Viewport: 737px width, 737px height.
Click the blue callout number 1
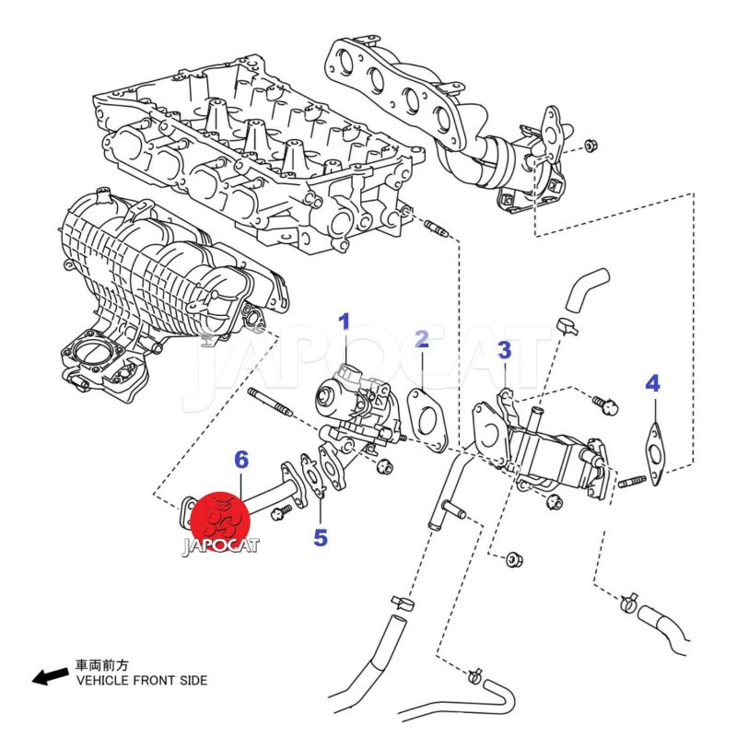[345, 322]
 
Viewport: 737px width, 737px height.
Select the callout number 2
[421, 340]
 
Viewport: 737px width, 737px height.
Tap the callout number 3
[504, 350]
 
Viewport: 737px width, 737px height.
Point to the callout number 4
[652, 382]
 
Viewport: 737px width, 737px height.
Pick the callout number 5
[320, 537]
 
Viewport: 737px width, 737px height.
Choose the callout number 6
[241, 458]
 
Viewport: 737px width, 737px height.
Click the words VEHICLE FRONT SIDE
[141, 681]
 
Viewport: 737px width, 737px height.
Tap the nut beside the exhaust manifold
[591, 146]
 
